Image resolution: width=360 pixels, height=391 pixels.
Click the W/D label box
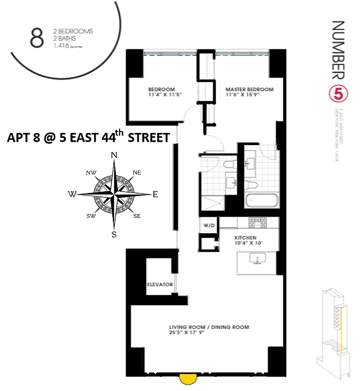(209, 226)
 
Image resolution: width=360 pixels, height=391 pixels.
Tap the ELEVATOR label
(160, 284)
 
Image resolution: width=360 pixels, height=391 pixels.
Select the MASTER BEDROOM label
(249, 89)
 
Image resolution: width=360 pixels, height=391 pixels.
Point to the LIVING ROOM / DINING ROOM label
(209, 327)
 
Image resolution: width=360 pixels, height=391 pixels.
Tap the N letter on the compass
(114, 155)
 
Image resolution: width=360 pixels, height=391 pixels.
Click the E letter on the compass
(155, 195)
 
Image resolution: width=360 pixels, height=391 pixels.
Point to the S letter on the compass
(114, 234)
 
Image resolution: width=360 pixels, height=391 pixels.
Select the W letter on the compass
(72, 195)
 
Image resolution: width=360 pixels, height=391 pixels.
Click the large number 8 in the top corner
(37, 39)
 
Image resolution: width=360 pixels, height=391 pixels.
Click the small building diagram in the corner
(336, 332)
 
